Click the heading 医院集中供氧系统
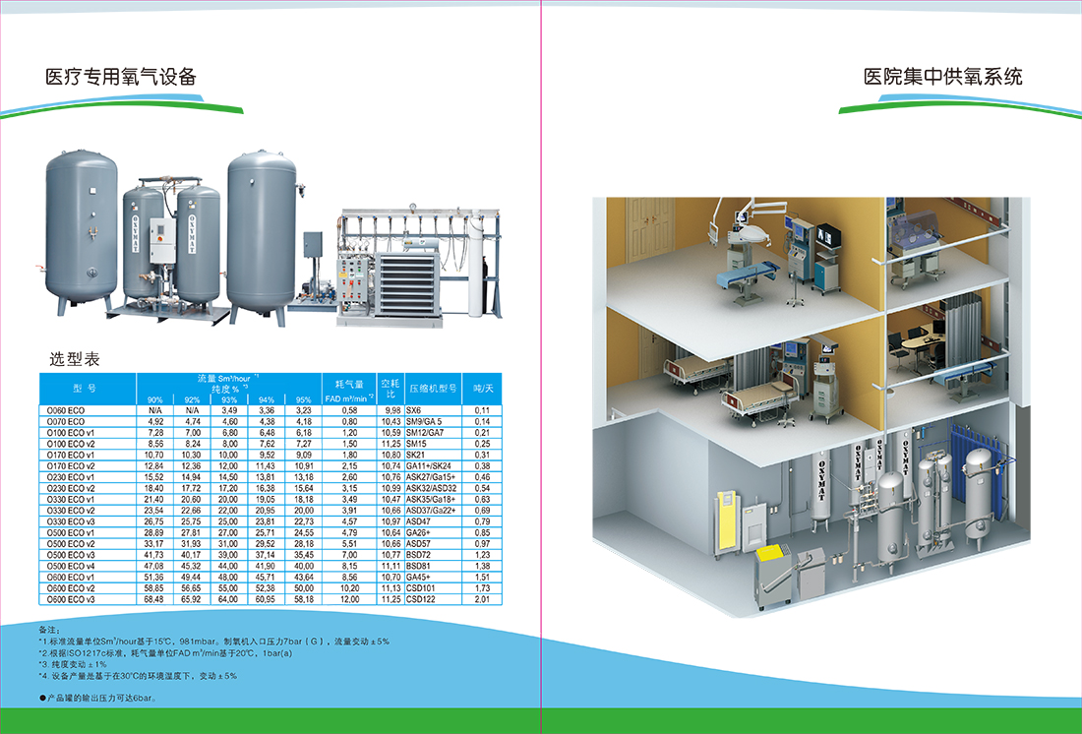tap(942, 77)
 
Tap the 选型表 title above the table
tap(75, 359)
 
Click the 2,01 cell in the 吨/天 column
tap(482, 599)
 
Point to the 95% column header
tap(303, 398)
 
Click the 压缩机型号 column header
tap(434, 389)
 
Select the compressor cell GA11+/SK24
tap(428, 465)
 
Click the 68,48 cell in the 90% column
tap(154, 599)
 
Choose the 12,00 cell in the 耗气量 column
tap(349, 599)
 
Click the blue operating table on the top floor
tap(744, 273)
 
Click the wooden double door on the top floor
tap(650, 235)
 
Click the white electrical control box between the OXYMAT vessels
tap(155, 235)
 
